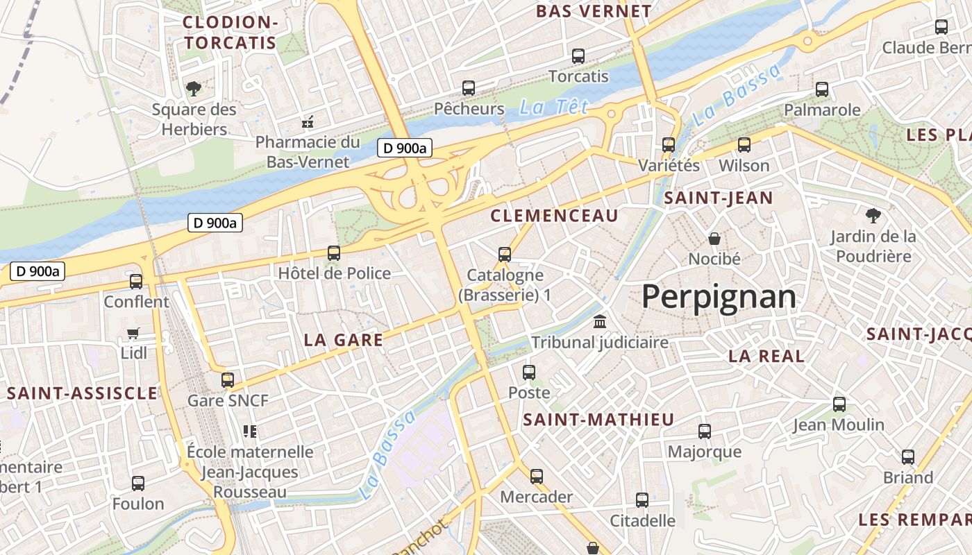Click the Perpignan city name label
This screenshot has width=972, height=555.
[719, 297]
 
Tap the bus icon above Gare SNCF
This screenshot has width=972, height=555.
[228, 379]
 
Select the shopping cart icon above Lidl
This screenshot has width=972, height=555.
[133, 334]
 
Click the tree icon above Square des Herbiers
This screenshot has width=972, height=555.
[194, 88]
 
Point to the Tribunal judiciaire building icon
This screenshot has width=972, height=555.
[599, 322]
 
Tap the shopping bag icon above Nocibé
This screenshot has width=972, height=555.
[714, 239]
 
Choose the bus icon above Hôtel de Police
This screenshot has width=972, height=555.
[334, 253]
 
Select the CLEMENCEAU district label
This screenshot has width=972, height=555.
[554, 216]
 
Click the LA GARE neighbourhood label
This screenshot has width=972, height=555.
[344, 340]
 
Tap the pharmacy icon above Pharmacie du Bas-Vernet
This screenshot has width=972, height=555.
[308, 123]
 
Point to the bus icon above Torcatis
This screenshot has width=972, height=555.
[578, 56]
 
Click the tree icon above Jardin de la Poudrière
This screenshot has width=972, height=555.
[873, 216]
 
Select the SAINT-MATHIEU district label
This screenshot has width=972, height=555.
[598, 420]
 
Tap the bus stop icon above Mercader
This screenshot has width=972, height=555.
[537, 477]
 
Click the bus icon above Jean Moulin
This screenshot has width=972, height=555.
[839, 404]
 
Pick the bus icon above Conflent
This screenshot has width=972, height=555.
[136, 282]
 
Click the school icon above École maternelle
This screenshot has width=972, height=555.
[250, 432]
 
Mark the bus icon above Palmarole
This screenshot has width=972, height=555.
[822, 89]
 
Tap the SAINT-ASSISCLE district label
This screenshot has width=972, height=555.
[82, 393]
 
